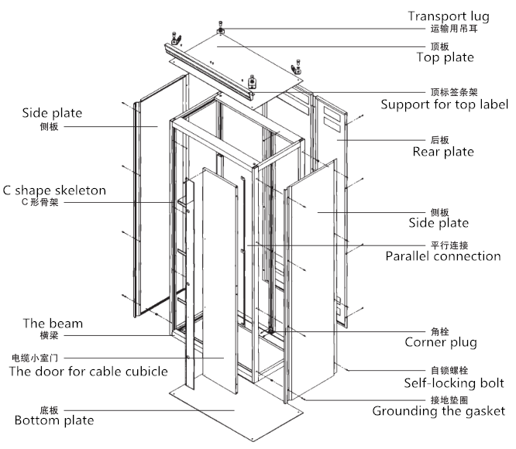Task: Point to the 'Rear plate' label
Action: coord(442,152)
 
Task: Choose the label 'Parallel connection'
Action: coord(443,256)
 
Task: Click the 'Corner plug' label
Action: coord(440,342)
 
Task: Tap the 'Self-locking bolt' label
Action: coord(454,383)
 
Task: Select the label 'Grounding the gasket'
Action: coord(439,411)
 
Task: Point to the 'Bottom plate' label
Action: coord(54,420)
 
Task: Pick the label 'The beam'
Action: coord(53,324)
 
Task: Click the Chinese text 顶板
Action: coord(439,46)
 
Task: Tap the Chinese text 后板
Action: coord(439,140)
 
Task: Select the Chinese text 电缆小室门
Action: coord(35,358)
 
